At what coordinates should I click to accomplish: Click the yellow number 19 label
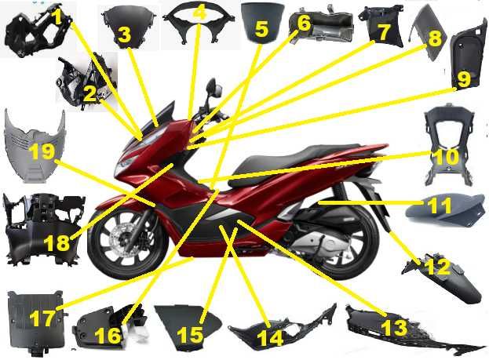click(x=42, y=152)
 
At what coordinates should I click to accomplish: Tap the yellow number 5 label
click(x=261, y=30)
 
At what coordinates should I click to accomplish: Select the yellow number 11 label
click(x=439, y=205)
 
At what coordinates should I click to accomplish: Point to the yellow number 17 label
click(x=42, y=318)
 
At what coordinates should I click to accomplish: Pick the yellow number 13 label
click(x=394, y=327)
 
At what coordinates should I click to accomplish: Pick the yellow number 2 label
click(x=89, y=93)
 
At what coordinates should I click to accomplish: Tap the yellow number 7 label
click(x=383, y=32)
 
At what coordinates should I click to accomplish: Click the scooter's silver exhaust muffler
click(x=315, y=244)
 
